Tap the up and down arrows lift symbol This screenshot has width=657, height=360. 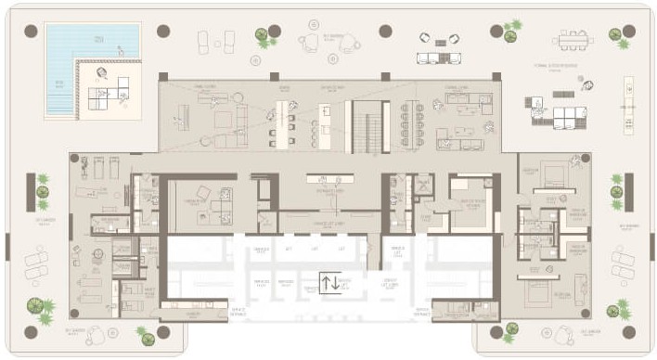click(329, 284)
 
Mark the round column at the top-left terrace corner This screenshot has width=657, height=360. click(31, 31)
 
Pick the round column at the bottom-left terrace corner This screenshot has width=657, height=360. click(31, 331)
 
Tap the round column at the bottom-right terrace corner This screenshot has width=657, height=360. click(630, 331)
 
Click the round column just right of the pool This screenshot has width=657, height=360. click(163, 31)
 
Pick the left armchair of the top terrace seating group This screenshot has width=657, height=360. click(426, 38)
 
